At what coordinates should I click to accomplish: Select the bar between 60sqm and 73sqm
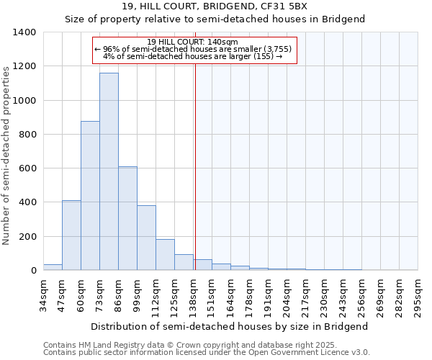point(90,196)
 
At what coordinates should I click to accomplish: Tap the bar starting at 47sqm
point(71,235)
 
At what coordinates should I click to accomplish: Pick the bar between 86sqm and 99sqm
point(127,218)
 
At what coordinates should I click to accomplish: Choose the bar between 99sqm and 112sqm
point(146,238)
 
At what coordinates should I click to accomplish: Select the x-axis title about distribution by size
point(230,326)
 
